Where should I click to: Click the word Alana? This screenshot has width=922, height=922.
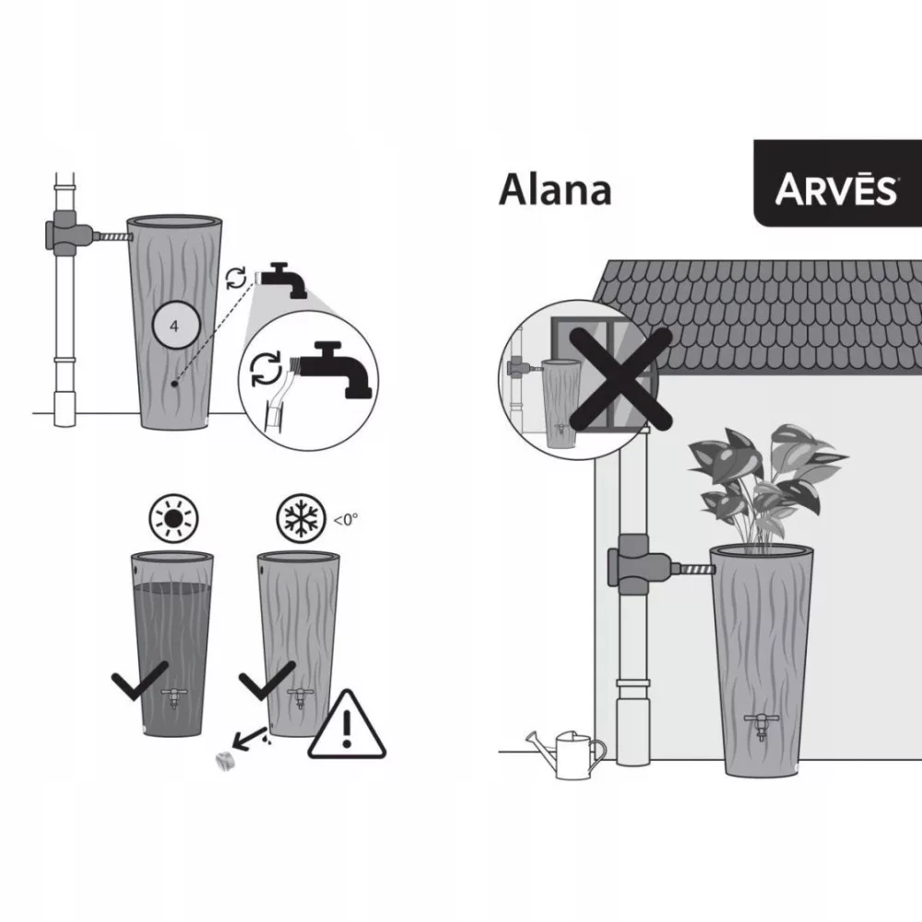(x=555, y=190)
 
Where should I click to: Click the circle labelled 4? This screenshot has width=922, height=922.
(x=176, y=325)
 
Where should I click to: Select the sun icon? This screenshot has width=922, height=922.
(x=173, y=519)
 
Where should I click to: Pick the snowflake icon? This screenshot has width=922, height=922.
(x=301, y=518)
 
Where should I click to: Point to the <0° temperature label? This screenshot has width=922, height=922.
(x=346, y=519)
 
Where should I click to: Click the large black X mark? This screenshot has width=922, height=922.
(x=620, y=378)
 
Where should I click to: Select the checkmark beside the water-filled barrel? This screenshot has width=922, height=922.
(x=139, y=680)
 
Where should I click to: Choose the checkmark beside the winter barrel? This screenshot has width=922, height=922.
(x=266, y=680)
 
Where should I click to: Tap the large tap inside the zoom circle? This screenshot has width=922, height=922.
(x=335, y=370)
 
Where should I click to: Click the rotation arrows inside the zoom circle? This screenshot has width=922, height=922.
(x=266, y=369)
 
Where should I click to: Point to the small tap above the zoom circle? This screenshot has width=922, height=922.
(x=281, y=280)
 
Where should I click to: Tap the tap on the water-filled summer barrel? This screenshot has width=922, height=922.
(x=173, y=698)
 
